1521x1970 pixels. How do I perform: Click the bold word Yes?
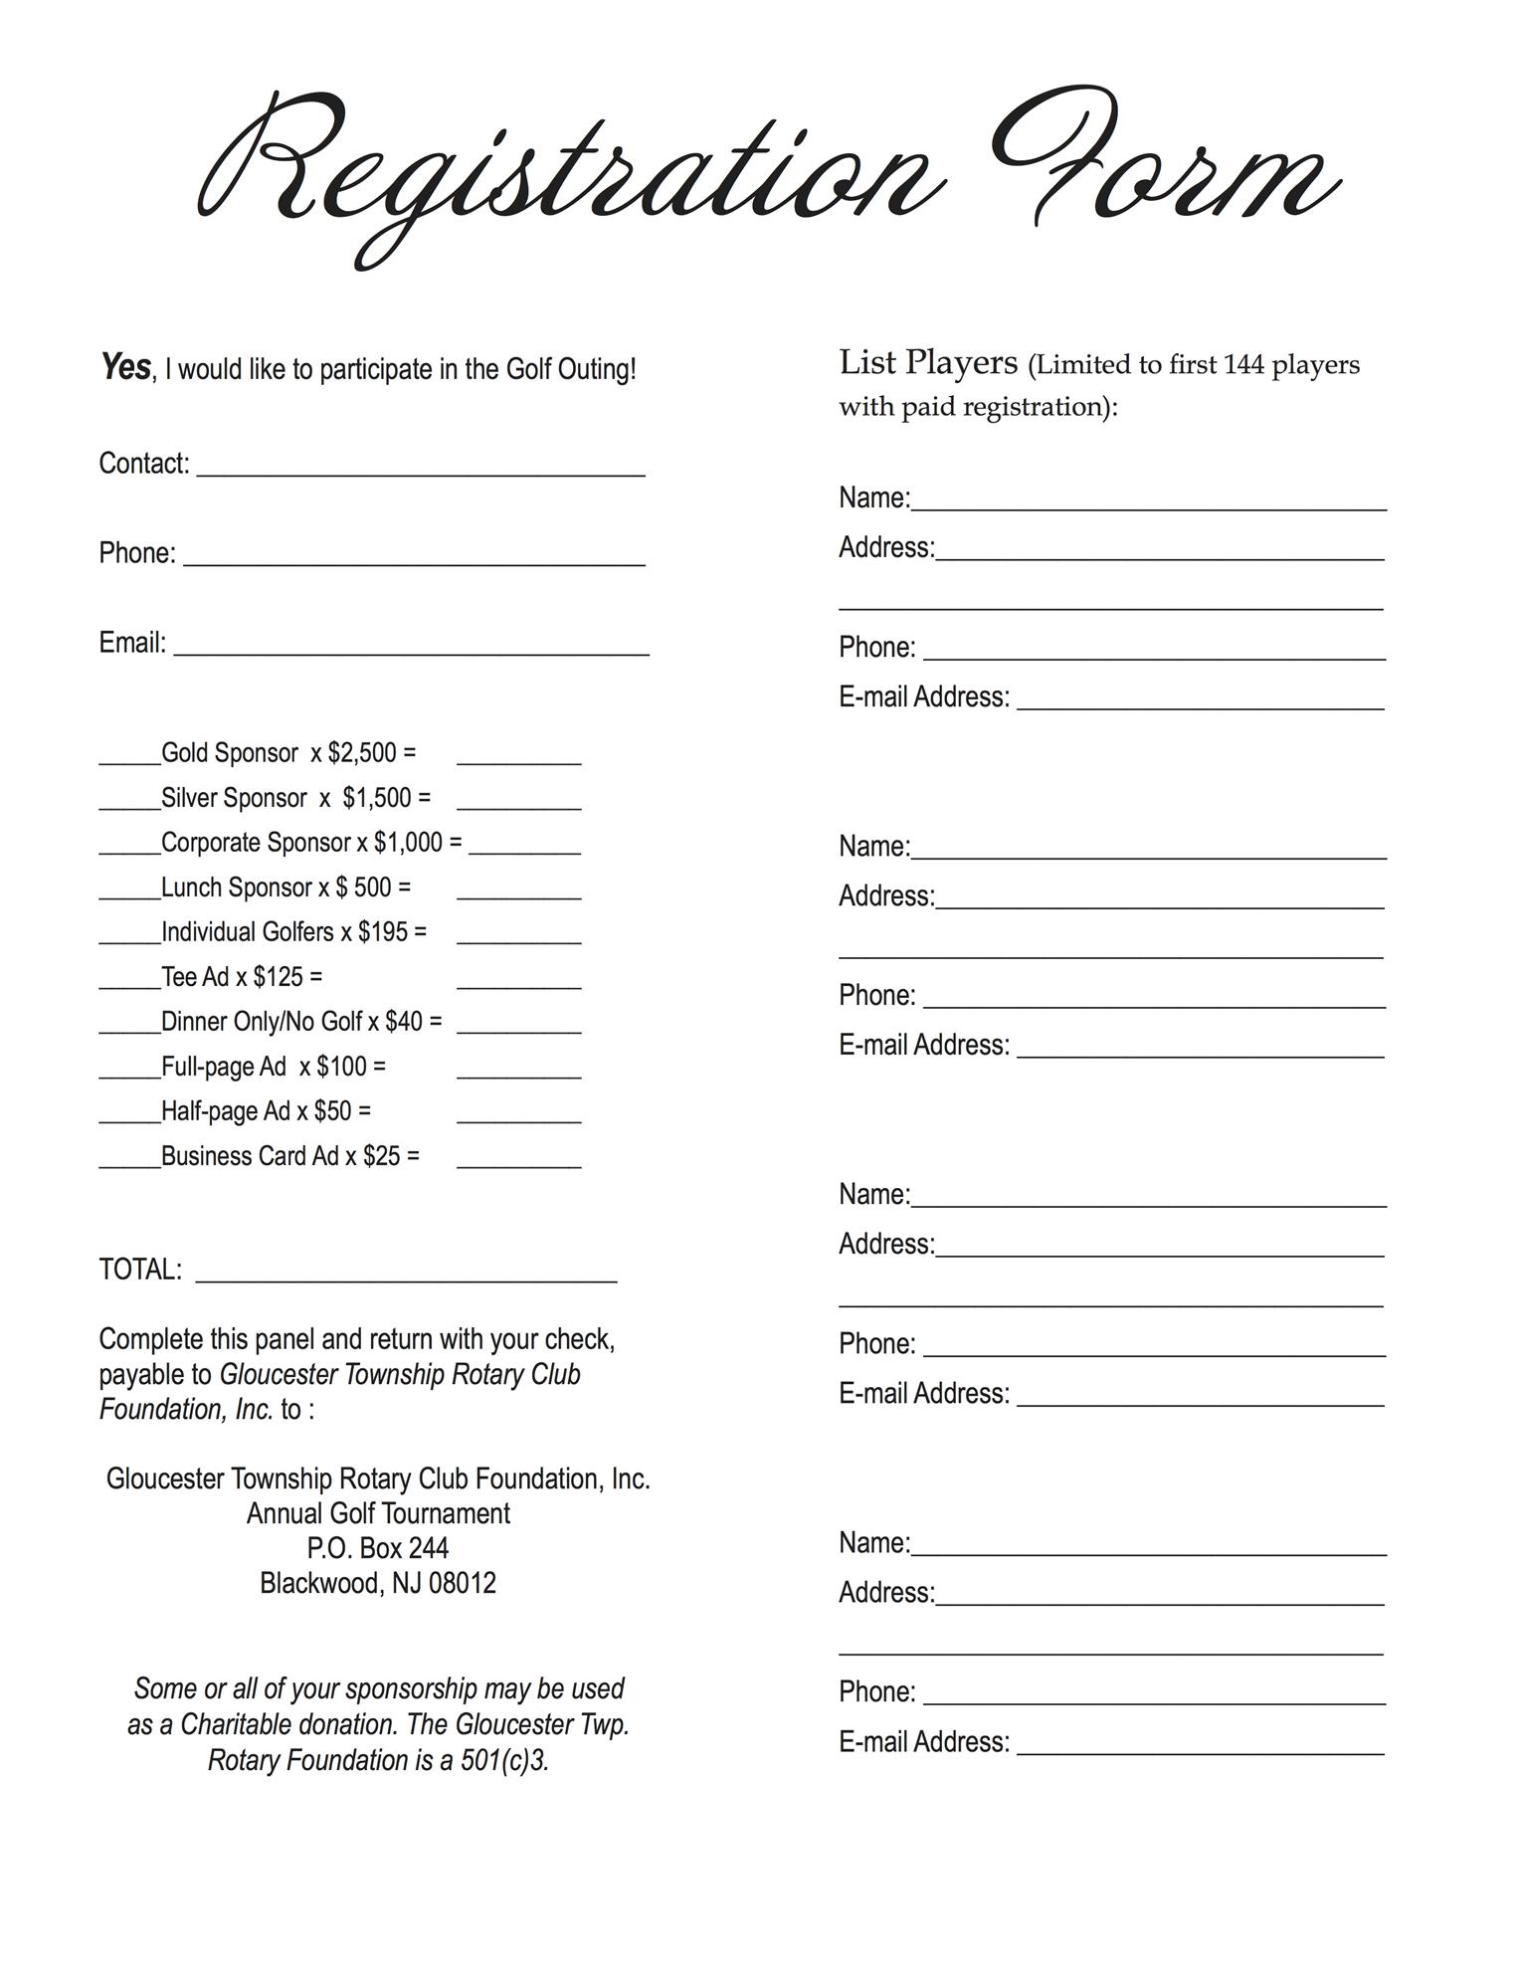click(124, 367)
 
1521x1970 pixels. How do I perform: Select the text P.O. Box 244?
click(378, 1548)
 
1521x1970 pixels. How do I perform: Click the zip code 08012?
click(463, 1583)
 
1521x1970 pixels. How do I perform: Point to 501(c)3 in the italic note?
click(504, 1760)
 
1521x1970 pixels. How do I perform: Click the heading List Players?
click(928, 363)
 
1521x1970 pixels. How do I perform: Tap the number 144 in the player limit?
click(1242, 365)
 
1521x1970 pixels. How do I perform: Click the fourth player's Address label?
click(886, 1593)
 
